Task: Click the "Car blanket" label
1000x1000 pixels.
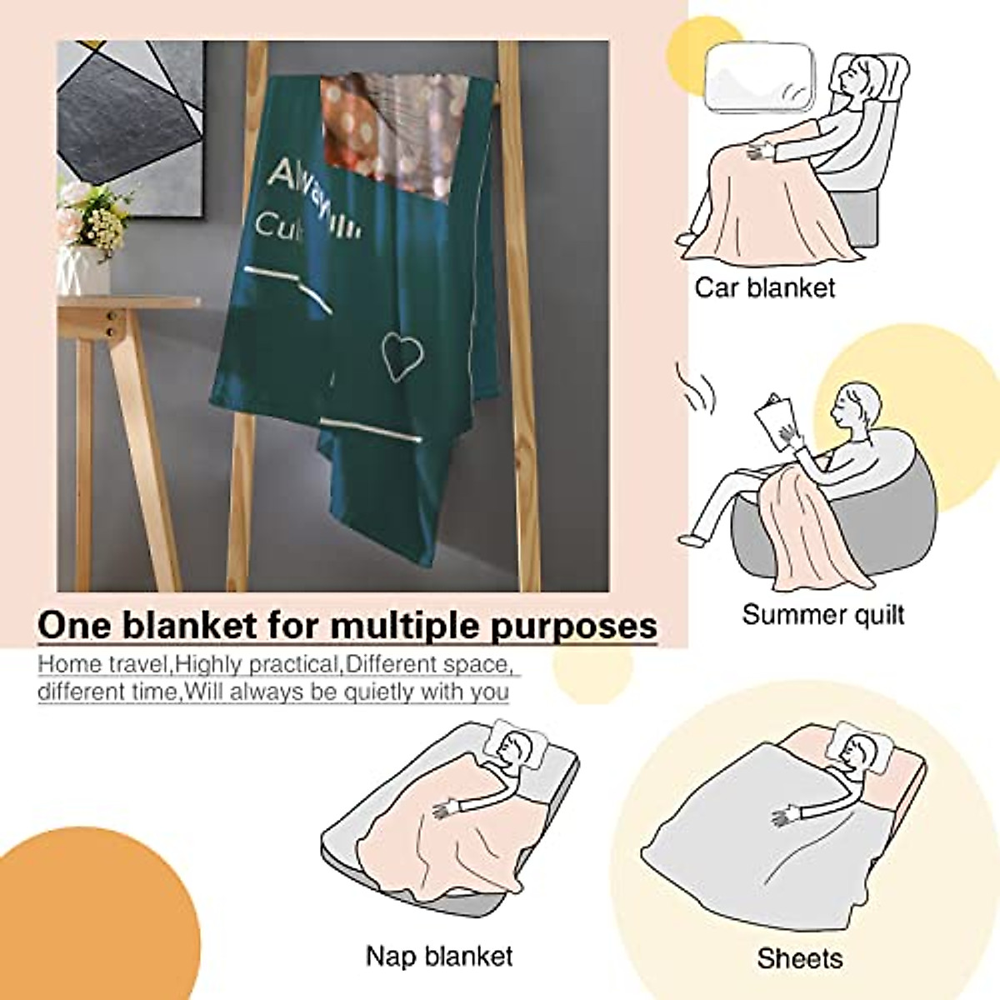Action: (764, 288)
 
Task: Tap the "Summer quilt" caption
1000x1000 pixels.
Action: (822, 616)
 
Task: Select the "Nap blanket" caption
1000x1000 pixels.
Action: (439, 955)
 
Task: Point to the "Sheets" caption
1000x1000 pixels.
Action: (799, 958)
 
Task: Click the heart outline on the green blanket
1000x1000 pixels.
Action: (403, 356)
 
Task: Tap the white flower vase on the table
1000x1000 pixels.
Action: (83, 265)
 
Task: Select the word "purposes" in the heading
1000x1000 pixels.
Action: (575, 627)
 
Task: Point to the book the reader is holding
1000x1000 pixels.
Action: (774, 422)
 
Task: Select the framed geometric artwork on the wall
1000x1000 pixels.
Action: (129, 112)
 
